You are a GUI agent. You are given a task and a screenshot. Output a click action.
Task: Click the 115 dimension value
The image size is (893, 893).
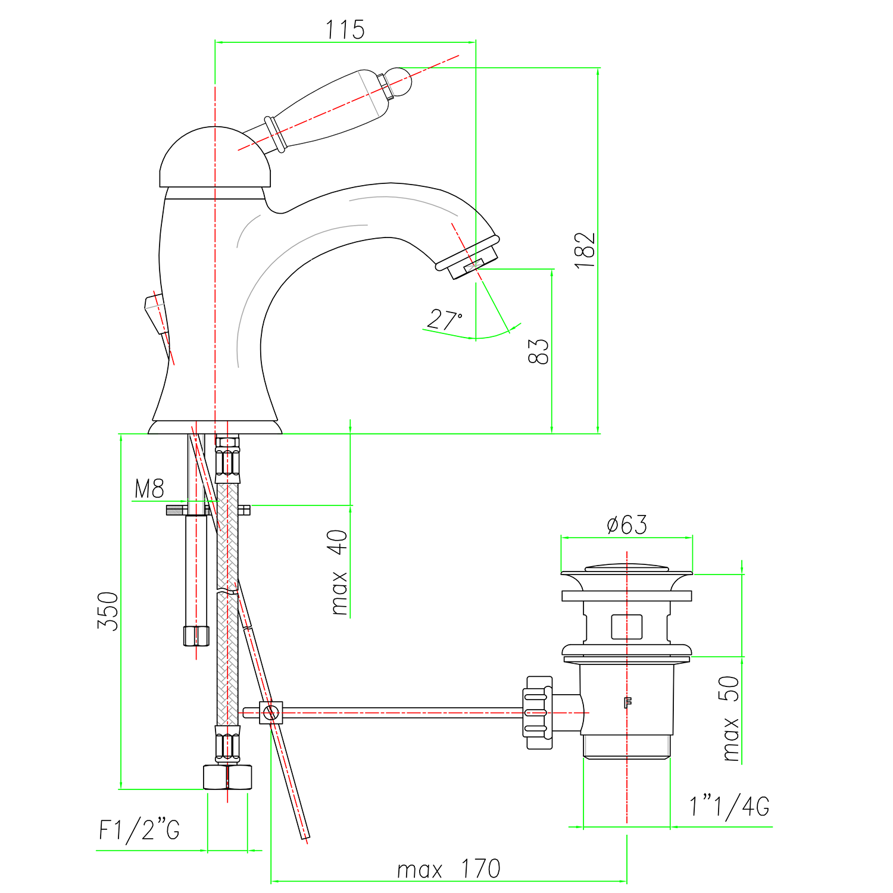point(345,30)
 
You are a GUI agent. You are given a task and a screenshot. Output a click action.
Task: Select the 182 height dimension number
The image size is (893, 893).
point(585,250)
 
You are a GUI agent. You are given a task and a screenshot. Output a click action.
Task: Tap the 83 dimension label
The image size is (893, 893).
point(539,351)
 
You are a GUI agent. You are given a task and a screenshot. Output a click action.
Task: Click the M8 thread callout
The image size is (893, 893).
point(149,489)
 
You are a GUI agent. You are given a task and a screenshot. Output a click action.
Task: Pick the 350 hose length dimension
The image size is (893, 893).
point(108,611)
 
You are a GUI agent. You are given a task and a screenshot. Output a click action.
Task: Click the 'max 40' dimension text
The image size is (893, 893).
point(339,572)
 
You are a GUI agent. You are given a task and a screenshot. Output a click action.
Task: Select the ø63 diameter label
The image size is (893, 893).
point(627,524)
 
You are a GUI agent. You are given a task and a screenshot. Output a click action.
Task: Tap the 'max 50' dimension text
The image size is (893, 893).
point(730,718)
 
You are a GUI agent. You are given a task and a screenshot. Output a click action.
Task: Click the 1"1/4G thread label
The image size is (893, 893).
point(729,806)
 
